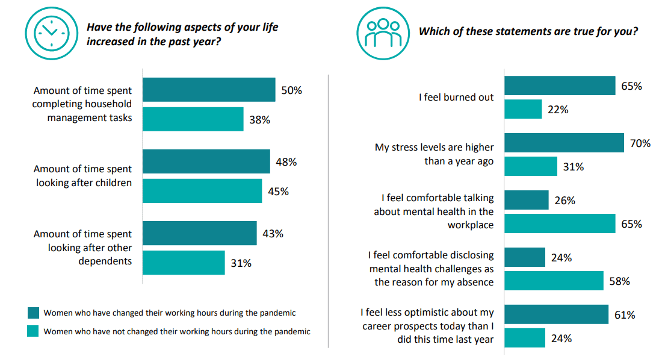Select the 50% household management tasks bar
click(x=208, y=90)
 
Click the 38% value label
click(x=260, y=120)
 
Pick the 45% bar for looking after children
click(x=202, y=191)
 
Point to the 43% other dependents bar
click(x=199, y=233)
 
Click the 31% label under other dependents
click(x=241, y=263)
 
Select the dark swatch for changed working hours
click(x=33, y=313)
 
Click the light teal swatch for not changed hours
click(x=33, y=331)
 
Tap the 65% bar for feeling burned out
click(x=559, y=86)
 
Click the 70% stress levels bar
click(x=564, y=143)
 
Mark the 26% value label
click(x=565, y=201)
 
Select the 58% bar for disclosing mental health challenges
click(x=553, y=281)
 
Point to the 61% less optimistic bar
click(x=556, y=314)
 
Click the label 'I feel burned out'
click(x=456, y=97)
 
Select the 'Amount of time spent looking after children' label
click(x=82, y=176)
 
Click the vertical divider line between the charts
click(x=329, y=211)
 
